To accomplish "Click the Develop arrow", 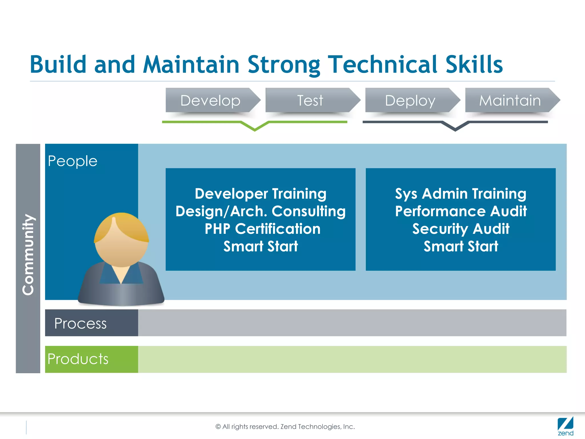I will [211, 100].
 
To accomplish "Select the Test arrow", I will [310, 100].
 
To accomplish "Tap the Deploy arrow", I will [410, 100].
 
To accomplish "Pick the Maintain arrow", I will [510, 100].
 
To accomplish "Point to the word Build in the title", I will [58, 65].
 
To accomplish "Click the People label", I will [73, 161].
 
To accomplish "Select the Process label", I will [80, 323].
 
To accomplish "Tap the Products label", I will [78, 359].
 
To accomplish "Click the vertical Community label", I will [28, 254].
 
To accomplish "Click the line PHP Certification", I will [263, 229].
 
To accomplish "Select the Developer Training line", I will [261, 194].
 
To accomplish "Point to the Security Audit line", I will [461, 229].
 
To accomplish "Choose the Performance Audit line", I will [461, 211].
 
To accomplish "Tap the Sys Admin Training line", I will [461, 194].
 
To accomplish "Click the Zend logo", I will [565, 426].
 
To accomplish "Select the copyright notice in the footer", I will [285, 426].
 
